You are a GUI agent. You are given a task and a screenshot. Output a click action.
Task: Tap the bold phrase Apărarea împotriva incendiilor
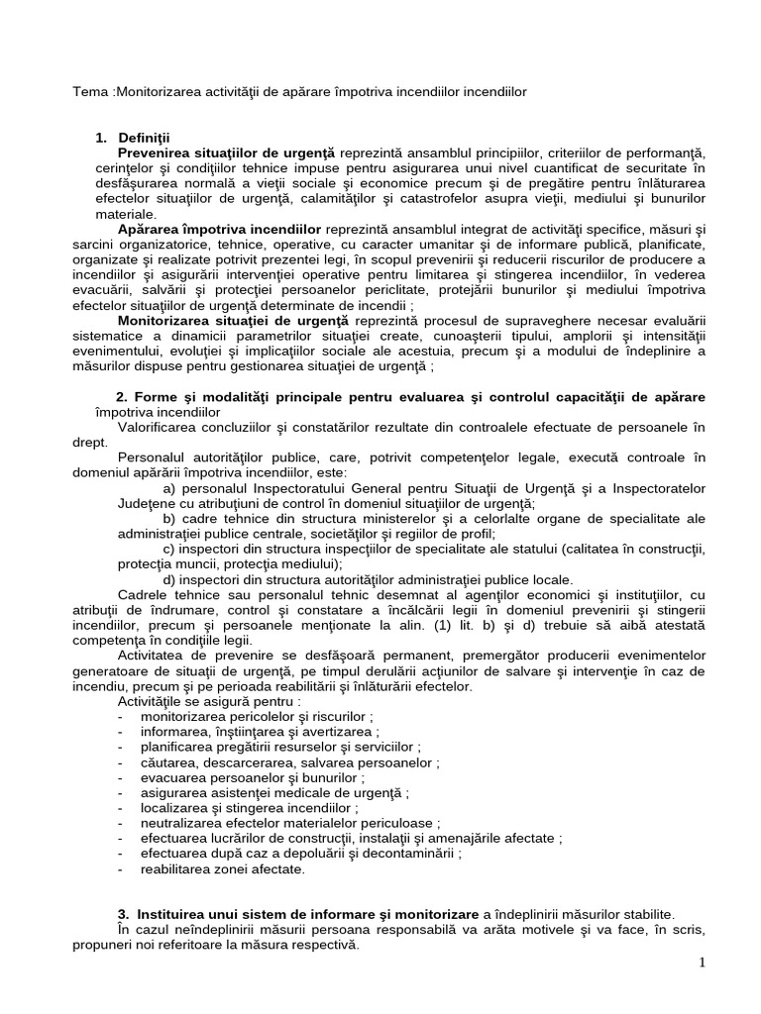click(x=219, y=229)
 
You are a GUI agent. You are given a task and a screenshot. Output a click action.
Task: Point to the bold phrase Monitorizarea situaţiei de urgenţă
click(x=234, y=321)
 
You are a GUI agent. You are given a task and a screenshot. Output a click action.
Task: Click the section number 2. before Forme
click(x=124, y=397)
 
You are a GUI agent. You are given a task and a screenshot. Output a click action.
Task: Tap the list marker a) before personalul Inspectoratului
click(x=169, y=488)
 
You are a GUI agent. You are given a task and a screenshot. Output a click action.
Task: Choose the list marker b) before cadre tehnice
click(x=169, y=519)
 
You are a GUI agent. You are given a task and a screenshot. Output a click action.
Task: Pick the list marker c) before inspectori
click(x=169, y=550)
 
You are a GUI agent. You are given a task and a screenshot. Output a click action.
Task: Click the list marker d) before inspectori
click(x=169, y=580)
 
